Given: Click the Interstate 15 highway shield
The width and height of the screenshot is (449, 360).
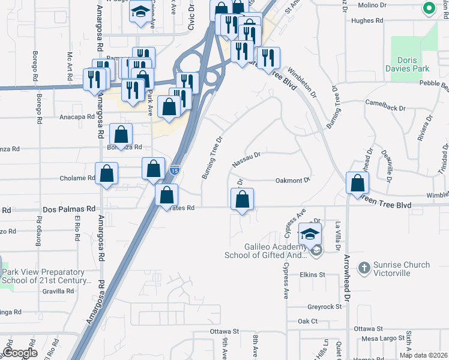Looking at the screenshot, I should coord(174,170).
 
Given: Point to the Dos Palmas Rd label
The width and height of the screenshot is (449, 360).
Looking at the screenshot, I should coord(70,209).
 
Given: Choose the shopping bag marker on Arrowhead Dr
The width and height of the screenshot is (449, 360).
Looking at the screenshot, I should coord(357,184).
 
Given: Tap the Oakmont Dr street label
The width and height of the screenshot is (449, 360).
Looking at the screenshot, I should coord(292,180).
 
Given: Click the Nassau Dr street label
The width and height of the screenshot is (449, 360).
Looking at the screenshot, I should coord(246,159).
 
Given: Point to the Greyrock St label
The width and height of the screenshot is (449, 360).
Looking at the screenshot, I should coord(324,307).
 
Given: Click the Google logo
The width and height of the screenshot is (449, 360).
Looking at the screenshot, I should coord(20,353).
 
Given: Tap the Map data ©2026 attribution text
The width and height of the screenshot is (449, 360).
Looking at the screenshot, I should coord(424,355).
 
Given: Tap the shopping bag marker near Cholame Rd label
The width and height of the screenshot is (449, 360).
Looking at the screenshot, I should coord(106,174).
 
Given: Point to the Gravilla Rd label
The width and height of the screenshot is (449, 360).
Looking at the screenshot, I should coord(58,291).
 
